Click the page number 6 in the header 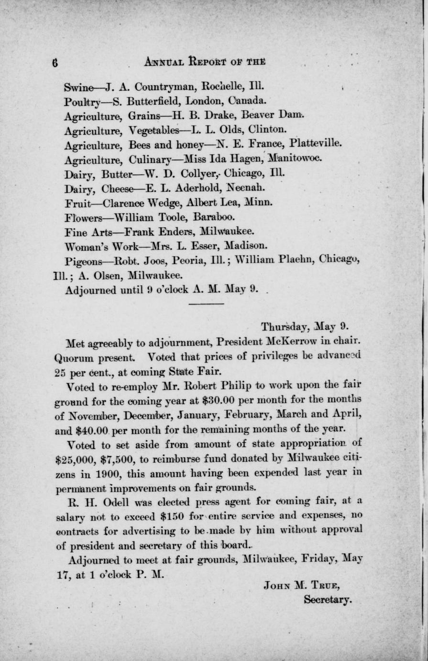point(55,62)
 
